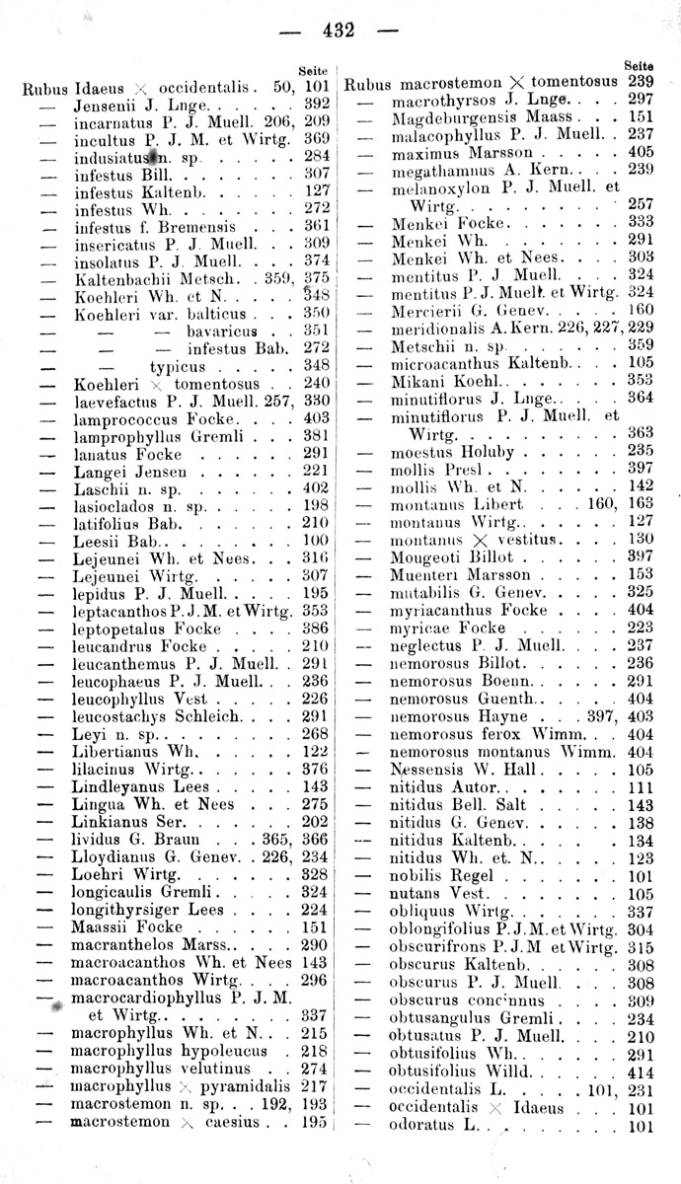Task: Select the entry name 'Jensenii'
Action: tap(105, 102)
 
